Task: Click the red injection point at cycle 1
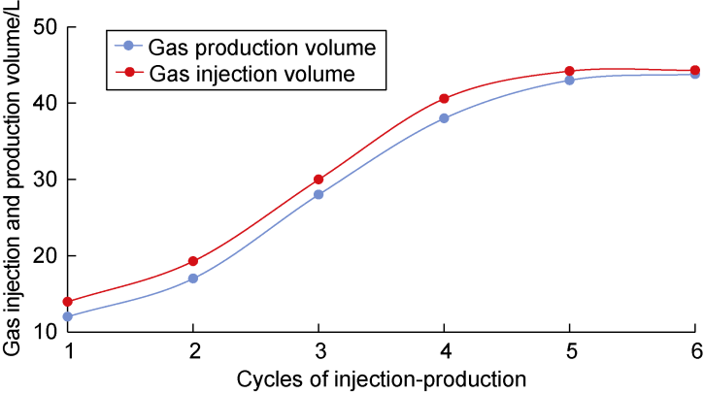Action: coord(67,302)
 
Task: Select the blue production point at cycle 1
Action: coord(67,316)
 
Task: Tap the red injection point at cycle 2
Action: coord(193,261)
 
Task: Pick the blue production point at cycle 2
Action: coord(193,279)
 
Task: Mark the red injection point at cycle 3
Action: coord(318,180)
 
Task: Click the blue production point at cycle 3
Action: coord(318,194)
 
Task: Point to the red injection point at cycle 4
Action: coord(445,98)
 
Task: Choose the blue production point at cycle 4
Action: coord(445,118)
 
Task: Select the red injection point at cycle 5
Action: coord(570,71)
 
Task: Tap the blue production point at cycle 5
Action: coord(570,80)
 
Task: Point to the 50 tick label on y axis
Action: coord(44,27)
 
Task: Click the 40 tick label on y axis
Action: coord(44,103)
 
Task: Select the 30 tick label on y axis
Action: coord(44,180)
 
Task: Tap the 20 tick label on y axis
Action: coord(44,256)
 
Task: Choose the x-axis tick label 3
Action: coord(318,350)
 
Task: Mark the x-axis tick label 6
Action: coord(695,350)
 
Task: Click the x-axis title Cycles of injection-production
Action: coord(382,377)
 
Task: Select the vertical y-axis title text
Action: coord(14,184)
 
